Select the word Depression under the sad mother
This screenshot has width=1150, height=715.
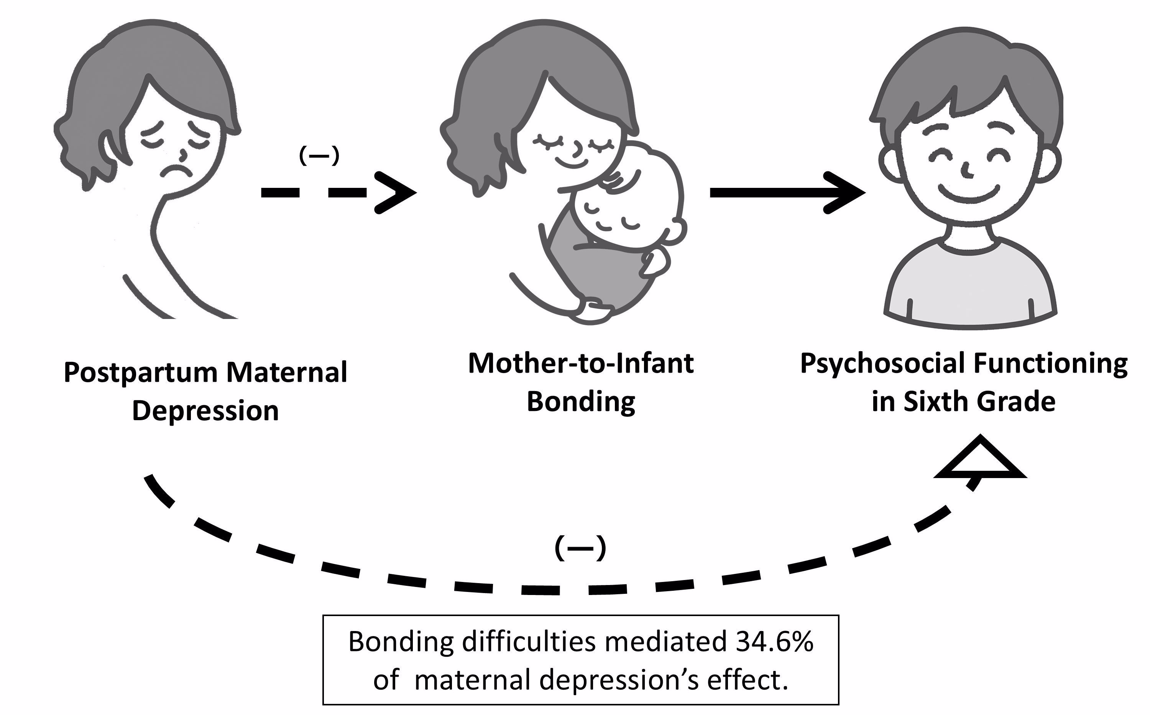205,411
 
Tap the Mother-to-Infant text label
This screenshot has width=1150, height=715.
581,364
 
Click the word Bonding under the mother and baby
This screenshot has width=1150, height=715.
581,402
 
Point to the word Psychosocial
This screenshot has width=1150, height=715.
881,365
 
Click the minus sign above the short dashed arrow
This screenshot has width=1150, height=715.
319,156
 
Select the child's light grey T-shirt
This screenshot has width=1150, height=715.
969,288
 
